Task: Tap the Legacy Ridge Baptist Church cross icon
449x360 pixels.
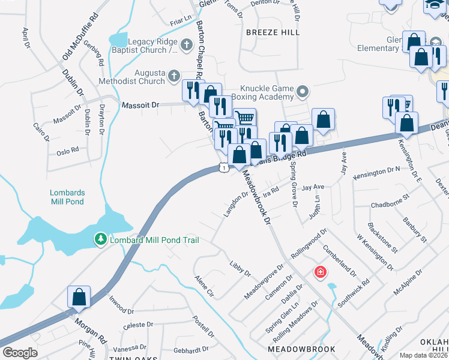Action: click(x=187, y=44)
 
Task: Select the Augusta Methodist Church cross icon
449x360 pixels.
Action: click(x=174, y=76)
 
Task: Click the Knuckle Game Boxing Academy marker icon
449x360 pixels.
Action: click(x=303, y=92)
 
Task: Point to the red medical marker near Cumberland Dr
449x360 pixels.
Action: click(x=321, y=272)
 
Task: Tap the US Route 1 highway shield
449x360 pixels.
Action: click(x=223, y=169)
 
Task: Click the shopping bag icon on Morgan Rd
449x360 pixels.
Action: click(x=79, y=297)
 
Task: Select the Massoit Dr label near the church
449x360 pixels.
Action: click(x=140, y=105)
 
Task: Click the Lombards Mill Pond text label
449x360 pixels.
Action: click(x=67, y=197)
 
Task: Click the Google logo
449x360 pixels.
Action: click(x=20, y=352)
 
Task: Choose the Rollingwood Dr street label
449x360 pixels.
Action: click(x=310, y=241)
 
